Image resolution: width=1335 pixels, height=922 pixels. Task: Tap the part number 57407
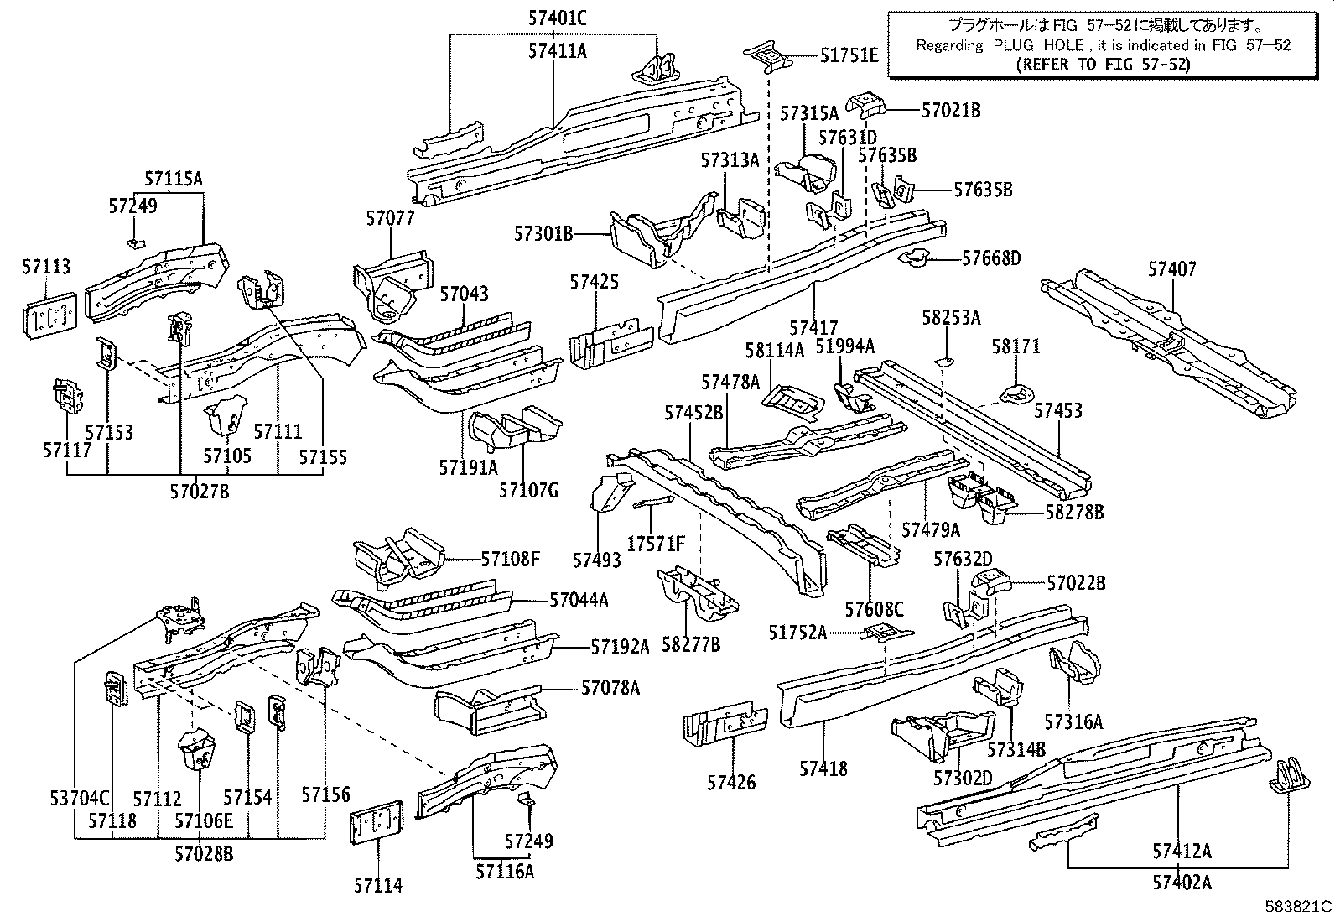click(1171, 269)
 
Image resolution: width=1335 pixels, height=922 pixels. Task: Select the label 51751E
click(849, 56)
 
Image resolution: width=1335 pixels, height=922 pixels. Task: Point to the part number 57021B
click(951, 110)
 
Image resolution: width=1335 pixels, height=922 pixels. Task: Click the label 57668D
click(991, 258)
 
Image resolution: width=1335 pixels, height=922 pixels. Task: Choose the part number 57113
click(46, 267)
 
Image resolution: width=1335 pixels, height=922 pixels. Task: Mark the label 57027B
click(201, 492)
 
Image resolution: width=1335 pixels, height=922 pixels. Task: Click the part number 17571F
click(656, 544)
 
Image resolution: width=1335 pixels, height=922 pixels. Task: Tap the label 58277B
click(691, 644)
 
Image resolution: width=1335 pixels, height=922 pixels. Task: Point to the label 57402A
click(1182, 882)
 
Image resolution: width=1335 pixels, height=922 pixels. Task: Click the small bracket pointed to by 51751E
click(767, 57)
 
